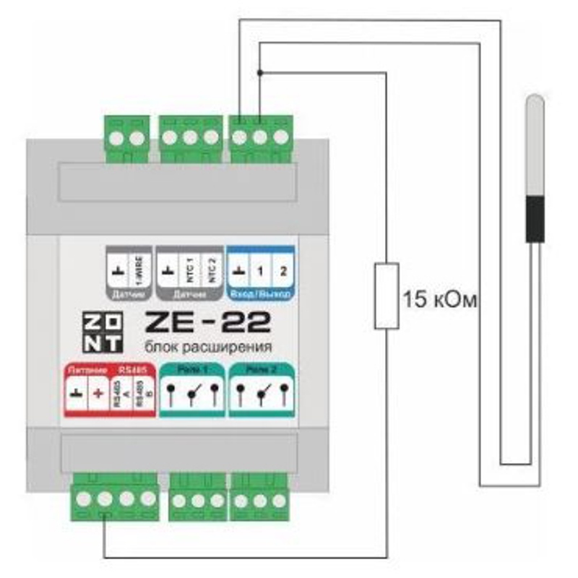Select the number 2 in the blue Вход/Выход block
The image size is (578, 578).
[282, 272]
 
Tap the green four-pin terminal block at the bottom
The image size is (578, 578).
[116, 498]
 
